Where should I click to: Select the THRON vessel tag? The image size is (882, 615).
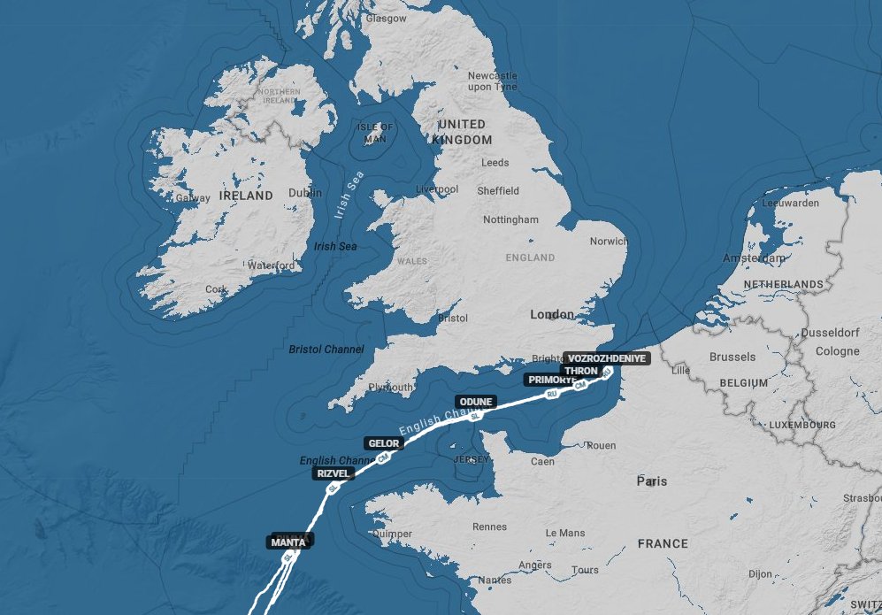coord(581,371)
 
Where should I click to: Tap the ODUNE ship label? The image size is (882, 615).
coord(476,402)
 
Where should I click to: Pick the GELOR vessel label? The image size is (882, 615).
coord(383,443)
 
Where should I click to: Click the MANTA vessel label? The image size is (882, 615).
coord(288,542)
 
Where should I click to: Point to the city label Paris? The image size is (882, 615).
coord(652,481)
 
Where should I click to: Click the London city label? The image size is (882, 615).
coord(551,315)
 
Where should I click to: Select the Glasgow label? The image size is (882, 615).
coord(387,18)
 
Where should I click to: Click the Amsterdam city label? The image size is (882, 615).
coord(754,258)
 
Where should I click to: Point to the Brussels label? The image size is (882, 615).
coord(732,357)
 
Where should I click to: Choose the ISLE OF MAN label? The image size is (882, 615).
coord(375,134)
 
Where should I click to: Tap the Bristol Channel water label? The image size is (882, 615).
coord(326,350)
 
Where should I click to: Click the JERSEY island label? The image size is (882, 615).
coord(470,460)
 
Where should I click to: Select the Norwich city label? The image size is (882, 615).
coord(608,241)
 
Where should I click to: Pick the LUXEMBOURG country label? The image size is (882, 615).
coord(802,426)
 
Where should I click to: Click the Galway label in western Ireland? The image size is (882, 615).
coord(193,198)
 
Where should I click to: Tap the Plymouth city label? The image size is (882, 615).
coord(389,388)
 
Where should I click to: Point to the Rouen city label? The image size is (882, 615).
coord(601,446)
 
